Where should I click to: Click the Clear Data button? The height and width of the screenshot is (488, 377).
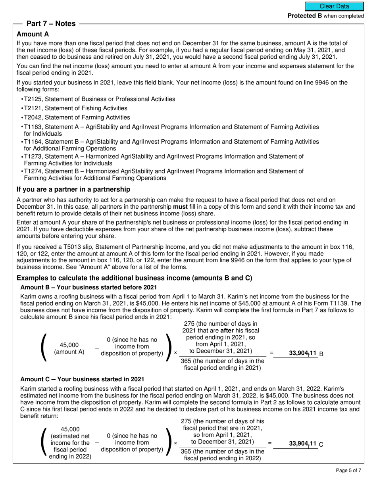[334, 6]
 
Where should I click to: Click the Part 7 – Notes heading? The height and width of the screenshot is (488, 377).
[51, 24]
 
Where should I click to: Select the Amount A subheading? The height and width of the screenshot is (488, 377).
[33, 35]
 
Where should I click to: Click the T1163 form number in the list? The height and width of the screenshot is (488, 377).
[33, 127]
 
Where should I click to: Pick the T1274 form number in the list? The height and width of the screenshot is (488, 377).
[33, 171]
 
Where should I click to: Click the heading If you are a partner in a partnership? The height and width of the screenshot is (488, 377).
[73, 189]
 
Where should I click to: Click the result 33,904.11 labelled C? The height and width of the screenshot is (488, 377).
[303, 444]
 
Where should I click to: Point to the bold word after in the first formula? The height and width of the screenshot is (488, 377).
[228, 330]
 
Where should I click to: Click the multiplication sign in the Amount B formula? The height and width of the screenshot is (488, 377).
[175, 353]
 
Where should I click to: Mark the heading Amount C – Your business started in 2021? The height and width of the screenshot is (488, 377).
[82, 379]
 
